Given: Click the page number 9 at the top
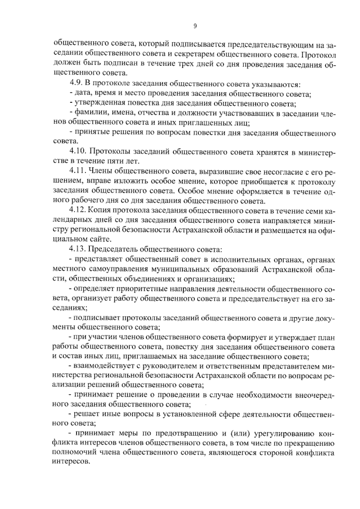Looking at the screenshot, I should coord(195,26).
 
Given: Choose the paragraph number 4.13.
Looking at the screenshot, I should coord(78,249).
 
